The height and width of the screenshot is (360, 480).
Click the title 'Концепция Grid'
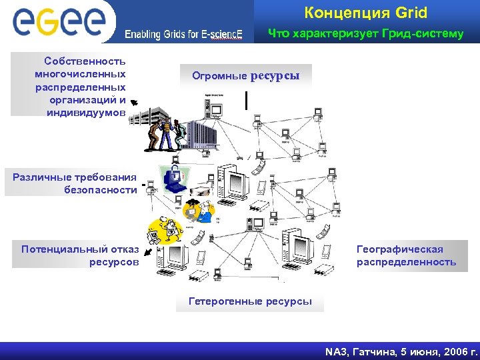click(365, 13)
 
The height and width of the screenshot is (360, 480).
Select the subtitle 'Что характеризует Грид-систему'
click(365, 33)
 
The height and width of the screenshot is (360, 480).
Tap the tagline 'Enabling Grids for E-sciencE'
click(184, 35)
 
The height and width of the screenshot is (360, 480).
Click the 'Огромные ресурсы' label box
click(246, 76)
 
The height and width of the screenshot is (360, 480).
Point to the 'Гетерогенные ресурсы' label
click(250, 301)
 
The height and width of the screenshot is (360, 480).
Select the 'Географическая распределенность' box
click(407, 256)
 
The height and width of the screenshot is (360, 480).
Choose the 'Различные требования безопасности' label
click(74, 183)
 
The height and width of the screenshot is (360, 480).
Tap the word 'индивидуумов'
click(86, 113)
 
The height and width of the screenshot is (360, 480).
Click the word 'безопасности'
click(101, 190)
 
